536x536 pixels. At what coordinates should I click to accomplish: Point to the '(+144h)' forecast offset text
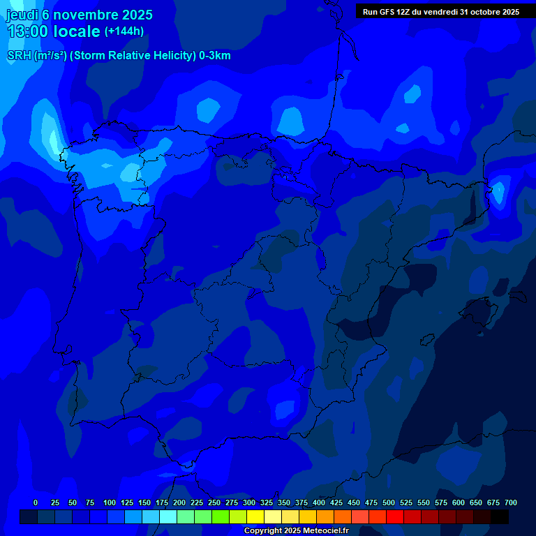pos(124,31)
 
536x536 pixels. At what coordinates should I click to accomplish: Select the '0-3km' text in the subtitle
pos(214,56)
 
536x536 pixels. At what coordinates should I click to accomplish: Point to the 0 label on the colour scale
pos(36,502)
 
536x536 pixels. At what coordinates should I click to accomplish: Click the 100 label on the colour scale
pos(110,502)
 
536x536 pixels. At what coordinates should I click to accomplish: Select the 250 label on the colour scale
pos(214,502)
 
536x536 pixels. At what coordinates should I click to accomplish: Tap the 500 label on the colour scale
pos(389,502)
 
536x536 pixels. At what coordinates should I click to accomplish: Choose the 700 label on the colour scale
pos(511,502)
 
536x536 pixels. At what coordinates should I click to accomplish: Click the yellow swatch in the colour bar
pos(255,517)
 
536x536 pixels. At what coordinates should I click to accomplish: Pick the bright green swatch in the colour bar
pos(221,517)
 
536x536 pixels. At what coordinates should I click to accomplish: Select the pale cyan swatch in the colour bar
pos(168,517)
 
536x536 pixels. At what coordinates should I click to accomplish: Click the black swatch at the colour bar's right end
pos(500,517)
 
